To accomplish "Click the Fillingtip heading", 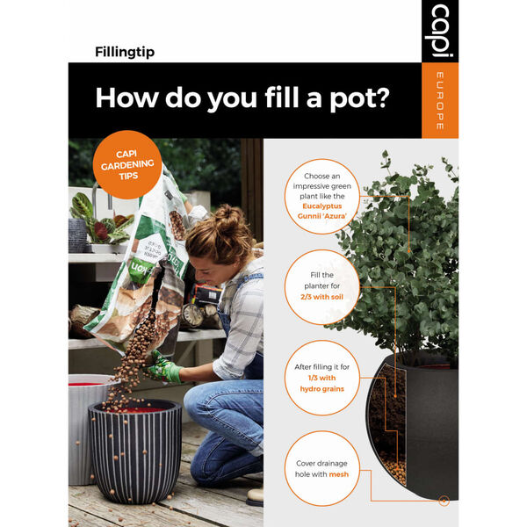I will (125, 52).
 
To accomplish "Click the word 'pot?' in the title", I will (351, 97).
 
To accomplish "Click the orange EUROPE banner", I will (440, 99).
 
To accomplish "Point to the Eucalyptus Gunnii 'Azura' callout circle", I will (321, 198).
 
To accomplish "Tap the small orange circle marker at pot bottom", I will (444, 501).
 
